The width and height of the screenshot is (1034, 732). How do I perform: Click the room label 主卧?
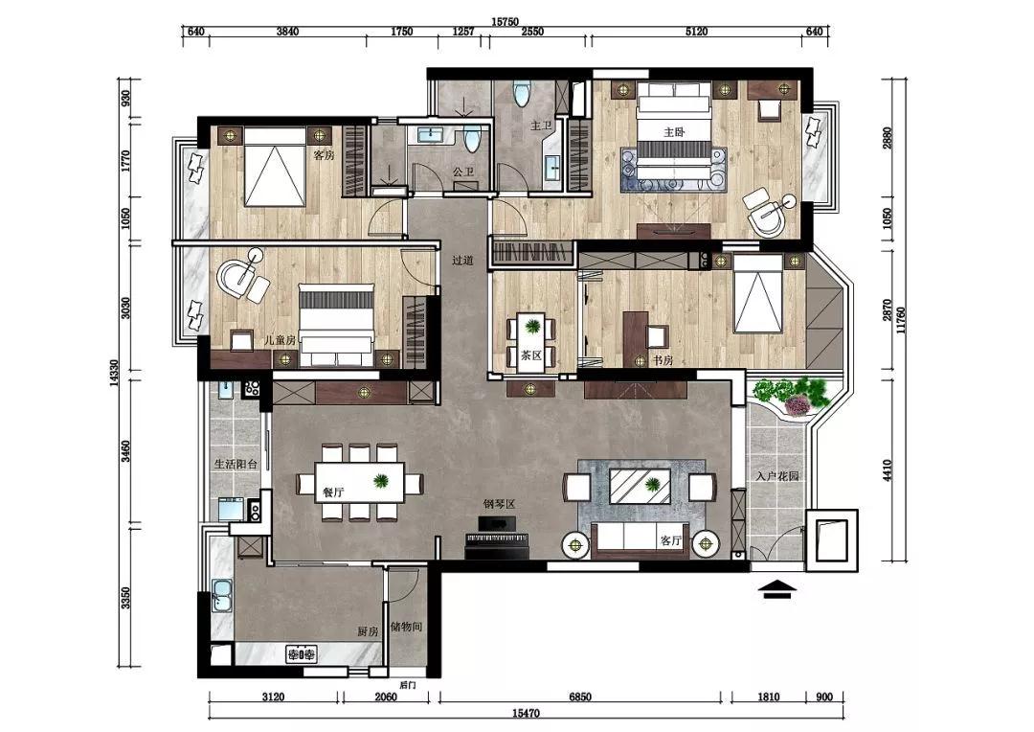pos(674,132)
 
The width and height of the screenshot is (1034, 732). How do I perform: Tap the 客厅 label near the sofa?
pos(670,540)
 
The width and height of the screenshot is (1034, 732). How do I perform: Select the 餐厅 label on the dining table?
pos(334,492)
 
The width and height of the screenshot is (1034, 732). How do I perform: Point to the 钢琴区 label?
pos(499,504)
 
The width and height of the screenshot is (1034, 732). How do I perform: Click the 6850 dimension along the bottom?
pos(580,697)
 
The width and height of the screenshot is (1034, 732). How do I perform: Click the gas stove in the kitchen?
pos(301,654)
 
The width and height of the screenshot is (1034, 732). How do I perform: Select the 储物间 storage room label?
pos(406,627)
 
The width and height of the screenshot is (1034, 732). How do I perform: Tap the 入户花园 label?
pos(778,475)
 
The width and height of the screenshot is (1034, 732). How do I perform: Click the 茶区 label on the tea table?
pos(531,355)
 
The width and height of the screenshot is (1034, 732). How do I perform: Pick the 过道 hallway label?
pos(463,260)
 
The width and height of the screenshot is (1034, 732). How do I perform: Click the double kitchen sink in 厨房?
pos(221,596)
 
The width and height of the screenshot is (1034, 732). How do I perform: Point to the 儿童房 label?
pos(280,340)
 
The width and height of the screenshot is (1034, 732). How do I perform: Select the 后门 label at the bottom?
pos(408,685)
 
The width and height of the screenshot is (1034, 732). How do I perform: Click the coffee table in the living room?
pos(640,486)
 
